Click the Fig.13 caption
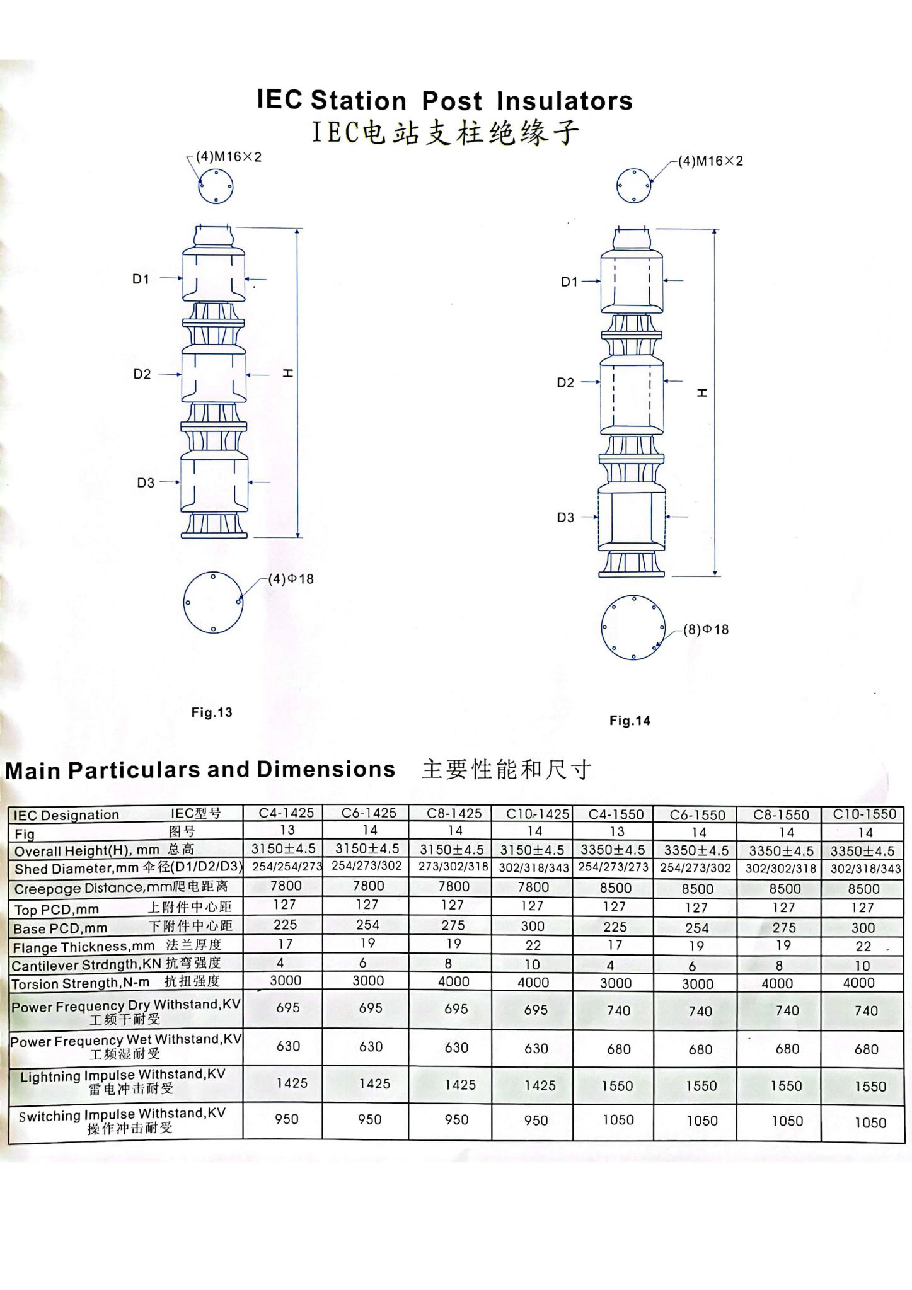(212, 712)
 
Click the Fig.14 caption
(630, 721)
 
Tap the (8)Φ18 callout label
(706, 629)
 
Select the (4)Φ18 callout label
(291, 579)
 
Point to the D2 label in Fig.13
(142, 374)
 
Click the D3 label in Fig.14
(565, 517)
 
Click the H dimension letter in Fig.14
(702, 392)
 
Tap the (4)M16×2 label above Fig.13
(228, 157)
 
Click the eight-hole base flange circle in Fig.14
(633, 627)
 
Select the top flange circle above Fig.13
(216, 186)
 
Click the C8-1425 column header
(454, 813)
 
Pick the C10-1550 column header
(864, 814)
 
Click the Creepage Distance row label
(121, 888)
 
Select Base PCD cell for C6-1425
(367, 925)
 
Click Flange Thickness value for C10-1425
(533, 945)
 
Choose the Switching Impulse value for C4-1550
(618, 1119)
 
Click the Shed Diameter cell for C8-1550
(780, 868)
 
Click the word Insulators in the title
(564, 101)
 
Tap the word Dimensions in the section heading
(326, 769)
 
